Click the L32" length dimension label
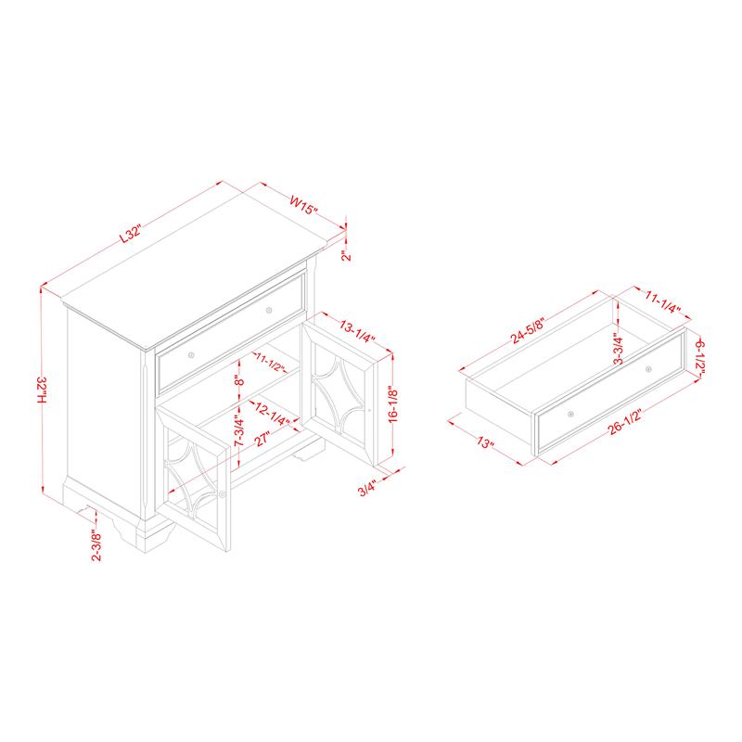[x=131, y=234]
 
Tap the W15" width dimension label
[x=304, y=205]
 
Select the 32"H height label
[x=43, y=390]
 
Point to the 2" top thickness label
[x=347, y=256]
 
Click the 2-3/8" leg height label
[x=96, y=545]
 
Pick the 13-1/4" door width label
[x=358, y=331]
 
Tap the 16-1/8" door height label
[x=392, y=404]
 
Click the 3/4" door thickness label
[x=367, y=488]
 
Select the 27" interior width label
[x=262, y=438]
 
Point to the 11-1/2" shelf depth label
[x=270, y=362]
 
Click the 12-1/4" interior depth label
[x=272, y=413]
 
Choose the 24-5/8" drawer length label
[x=528, y=330]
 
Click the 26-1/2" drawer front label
[x=624, y=423]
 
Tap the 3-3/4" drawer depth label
[x=618, y=350]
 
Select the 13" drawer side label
[x=485, y=443]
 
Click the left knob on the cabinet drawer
[x=191, y=355]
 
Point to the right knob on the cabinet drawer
[x=269, y=311]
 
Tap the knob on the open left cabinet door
[x=223, y=495]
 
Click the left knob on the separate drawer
[x=571, y=414]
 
